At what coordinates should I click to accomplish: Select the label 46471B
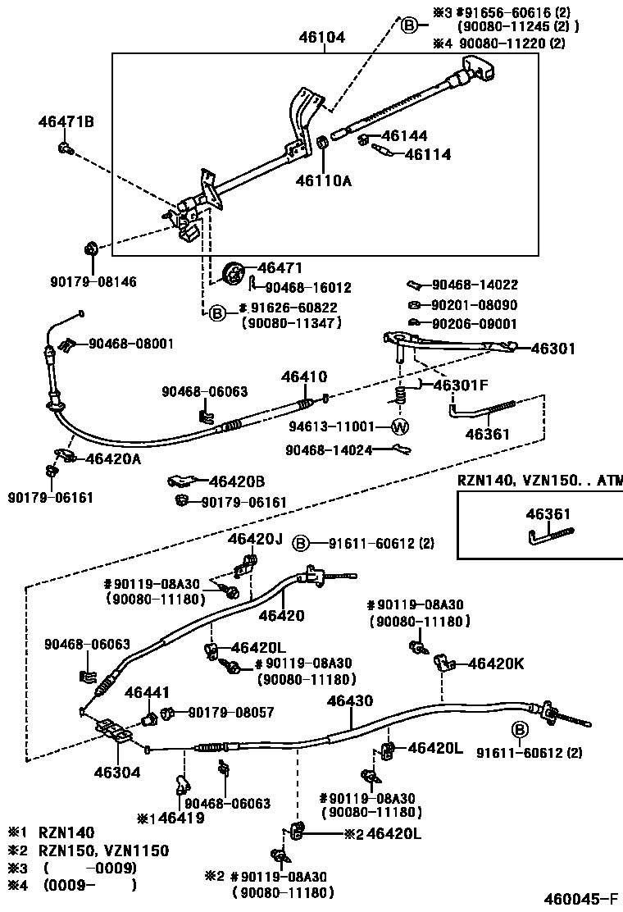tap(66, 122)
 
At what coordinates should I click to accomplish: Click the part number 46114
tap(427, 153)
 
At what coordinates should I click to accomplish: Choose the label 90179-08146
tap(93, 281)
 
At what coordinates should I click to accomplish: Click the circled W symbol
tap(399, 426)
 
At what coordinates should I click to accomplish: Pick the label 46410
tap(304, 378)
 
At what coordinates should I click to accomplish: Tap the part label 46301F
tap(460, 385)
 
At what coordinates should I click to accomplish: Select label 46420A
tap(113, 459)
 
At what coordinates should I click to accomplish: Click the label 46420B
tap(236, 481)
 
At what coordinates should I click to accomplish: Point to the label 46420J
tap(255, 539)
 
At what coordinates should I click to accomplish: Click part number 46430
tap(350, 701)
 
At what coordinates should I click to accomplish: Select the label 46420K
tap(495, 663)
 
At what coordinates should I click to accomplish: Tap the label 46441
tap(148, 694)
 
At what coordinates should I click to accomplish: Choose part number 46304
tap(116, 772)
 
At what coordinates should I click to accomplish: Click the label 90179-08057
tap(231, 713)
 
